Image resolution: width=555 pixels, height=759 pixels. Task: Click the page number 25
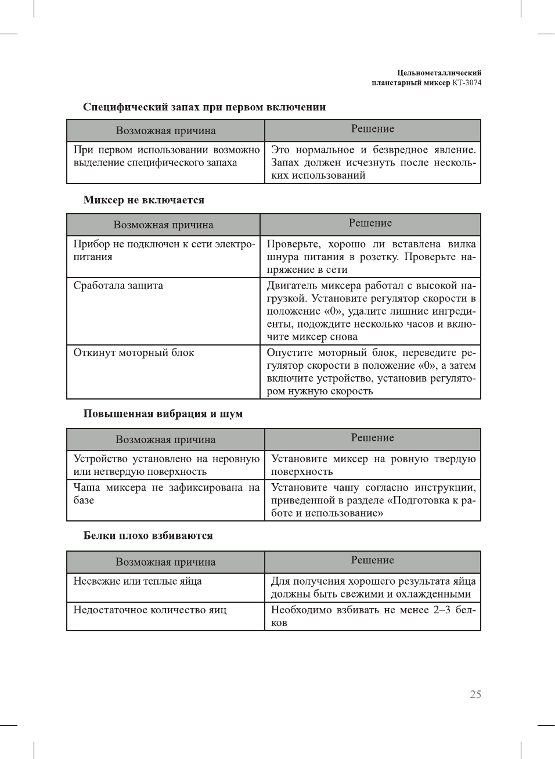coord(475,695)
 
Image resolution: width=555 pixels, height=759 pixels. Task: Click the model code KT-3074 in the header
coord(467,82)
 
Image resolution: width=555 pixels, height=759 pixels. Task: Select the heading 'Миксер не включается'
coord(144,200)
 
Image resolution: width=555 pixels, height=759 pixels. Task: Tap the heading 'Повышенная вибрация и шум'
coord(163,413)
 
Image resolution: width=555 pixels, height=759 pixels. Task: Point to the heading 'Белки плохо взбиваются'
coord(148,535)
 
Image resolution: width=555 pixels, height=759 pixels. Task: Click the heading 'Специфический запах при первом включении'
coord(204,107)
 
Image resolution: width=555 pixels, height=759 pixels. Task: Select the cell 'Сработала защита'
coord(118,286)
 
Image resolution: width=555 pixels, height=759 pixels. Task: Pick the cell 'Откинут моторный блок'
coord(134,353)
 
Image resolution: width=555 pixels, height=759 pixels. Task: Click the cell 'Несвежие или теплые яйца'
coord(138,581)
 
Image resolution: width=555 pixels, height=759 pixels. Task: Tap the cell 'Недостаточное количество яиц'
coord(150,610)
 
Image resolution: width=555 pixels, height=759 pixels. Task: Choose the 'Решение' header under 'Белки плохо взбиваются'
coord(372,560)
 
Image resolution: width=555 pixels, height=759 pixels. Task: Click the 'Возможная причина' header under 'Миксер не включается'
coord(163,225)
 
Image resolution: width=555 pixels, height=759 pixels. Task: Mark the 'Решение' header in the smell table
coord(372,129)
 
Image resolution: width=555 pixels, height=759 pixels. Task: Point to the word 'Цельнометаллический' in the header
coord(439,73)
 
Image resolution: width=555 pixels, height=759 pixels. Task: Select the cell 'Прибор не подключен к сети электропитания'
coord(163,250)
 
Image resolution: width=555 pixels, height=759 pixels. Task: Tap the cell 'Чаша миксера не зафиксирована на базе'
coord(165,494)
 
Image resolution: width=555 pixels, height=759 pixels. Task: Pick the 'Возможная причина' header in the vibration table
coord(165,440)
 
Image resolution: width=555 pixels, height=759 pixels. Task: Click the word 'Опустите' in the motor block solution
coord(289,353)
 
